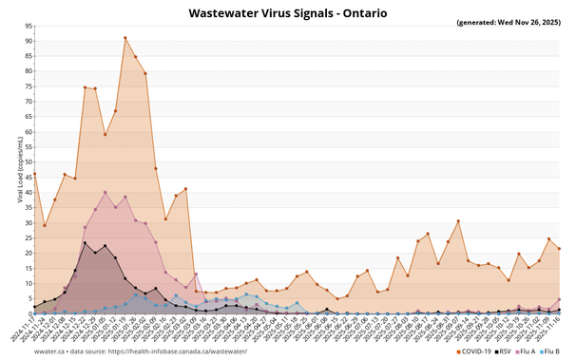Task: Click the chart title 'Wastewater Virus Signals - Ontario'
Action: [x=287, y=13]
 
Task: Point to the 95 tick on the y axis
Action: [x=28, y=27]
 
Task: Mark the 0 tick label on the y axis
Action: [x=29, y=313]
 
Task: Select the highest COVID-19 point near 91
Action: [x=125, y=38]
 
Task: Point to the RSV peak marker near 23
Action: [x=85, y=243]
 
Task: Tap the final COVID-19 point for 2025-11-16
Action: [x=559, y=249]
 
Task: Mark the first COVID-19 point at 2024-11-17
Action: [x=34, y=175]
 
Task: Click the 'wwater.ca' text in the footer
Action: [x=24, y=351]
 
